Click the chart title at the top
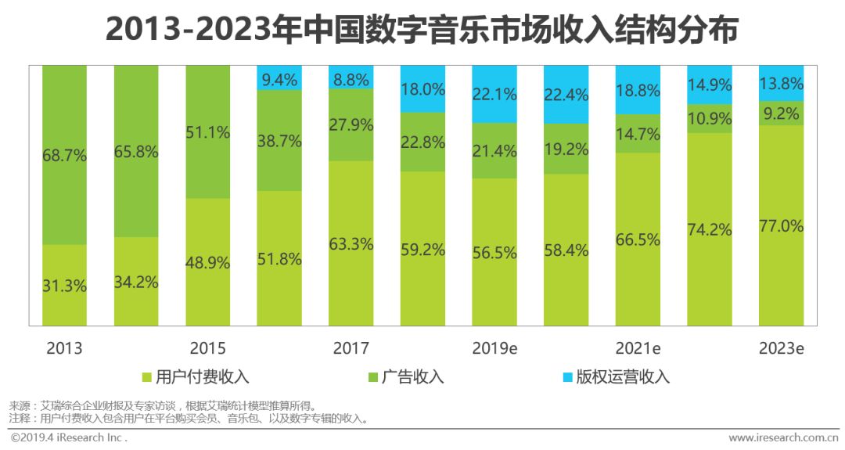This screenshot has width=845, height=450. (x=422, y=31)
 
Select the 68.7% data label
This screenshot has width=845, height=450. (x=64, y=155)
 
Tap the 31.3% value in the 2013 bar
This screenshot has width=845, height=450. (x=64, y=286)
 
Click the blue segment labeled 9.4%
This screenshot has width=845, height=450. (x=279, y=77)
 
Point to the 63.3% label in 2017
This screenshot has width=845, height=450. (x=351, y=243)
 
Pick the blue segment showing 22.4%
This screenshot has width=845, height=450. (x=566, y=94)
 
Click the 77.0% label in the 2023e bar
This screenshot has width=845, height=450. (x=781, y=226)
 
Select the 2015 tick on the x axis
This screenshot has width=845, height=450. (x=207, y=348)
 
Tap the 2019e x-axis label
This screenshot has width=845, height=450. (x=494, y=348)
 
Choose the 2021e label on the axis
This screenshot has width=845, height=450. (x=638, y=348)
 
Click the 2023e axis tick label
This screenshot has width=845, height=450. (x=781, y=348)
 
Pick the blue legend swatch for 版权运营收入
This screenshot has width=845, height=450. (x=567, y=377)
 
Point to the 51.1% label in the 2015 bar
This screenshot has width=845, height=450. (x=207, y=132)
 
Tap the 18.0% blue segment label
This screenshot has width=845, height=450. (x=422, y=88)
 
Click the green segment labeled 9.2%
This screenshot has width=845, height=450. (x=781, y=113)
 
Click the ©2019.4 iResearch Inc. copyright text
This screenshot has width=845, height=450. (x=69, y=437)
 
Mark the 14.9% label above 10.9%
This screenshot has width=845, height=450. (x=710, y=85)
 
